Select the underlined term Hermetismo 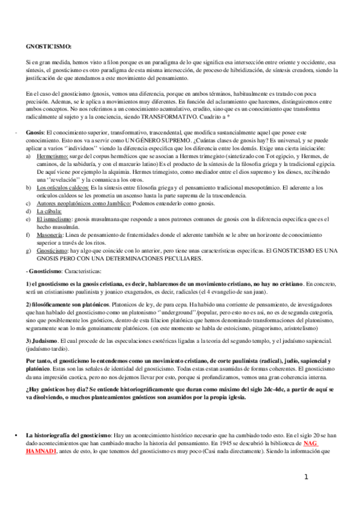coord(53,155)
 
